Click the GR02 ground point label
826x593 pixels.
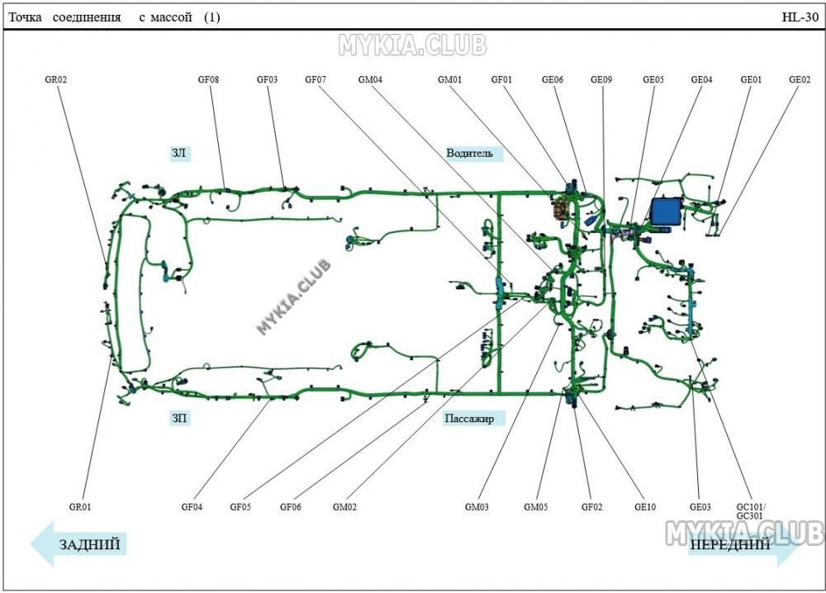56,80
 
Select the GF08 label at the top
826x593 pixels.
208,80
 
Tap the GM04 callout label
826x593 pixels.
370,80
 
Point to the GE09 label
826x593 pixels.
601,80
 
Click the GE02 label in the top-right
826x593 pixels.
800,80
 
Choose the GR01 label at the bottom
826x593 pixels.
80,507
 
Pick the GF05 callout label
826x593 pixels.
240,507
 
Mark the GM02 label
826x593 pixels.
344,507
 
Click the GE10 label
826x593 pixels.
645,507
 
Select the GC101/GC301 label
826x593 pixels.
751,511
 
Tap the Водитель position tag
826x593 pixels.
469,154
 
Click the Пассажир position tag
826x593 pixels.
469,419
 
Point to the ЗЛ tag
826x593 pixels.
179,154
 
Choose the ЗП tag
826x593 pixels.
179,419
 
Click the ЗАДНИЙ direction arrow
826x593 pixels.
78,544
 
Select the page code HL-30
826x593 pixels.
800,17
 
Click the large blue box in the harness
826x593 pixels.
667,211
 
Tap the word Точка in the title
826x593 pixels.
25,17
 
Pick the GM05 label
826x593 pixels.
536,507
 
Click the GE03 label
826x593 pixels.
700,507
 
